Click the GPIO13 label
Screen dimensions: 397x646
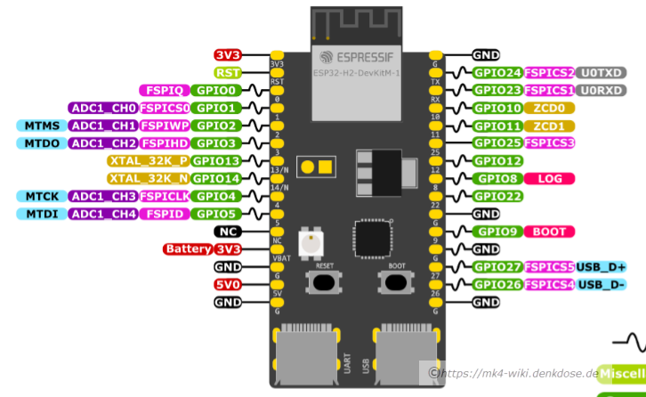coord(215,161)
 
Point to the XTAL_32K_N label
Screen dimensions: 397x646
coord(149,178)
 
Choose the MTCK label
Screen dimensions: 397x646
coord(42,196)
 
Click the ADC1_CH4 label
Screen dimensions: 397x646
coord(103,214)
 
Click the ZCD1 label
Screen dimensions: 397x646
coord(549,126)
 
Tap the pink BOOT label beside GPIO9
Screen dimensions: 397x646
coord(549,231)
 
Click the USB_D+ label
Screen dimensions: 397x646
coord(601,267)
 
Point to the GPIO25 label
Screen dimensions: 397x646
coord(497,143)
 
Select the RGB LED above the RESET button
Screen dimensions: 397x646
coord(311,240)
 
